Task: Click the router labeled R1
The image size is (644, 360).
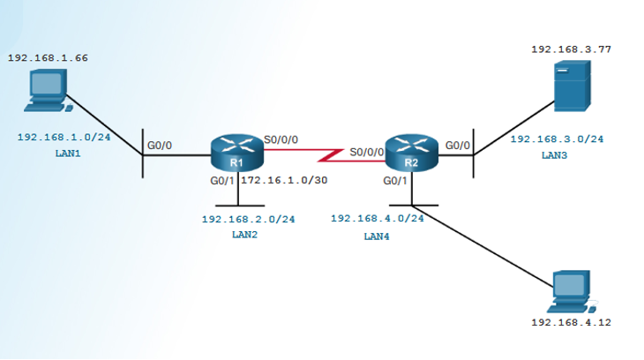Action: (236, 154)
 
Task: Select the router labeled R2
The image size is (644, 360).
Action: (411, 154)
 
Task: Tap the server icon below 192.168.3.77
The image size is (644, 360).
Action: (572, 86)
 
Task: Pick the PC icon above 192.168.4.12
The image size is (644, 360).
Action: (572, 292)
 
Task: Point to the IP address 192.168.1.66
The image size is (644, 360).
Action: (48, 57)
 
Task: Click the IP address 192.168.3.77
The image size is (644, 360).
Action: (571, 49)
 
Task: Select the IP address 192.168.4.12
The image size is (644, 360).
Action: (571, 323)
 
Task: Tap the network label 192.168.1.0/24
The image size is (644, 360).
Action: (64, 138)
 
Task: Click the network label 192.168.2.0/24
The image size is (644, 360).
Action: (248, 219)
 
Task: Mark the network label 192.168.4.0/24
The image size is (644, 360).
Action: (377, 218)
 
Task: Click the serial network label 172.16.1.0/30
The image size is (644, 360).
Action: (284, 180)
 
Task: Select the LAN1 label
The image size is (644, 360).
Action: (67, 154)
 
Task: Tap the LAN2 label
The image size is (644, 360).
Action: (244, 235)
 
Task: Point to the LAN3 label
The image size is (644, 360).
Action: (554, 155)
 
